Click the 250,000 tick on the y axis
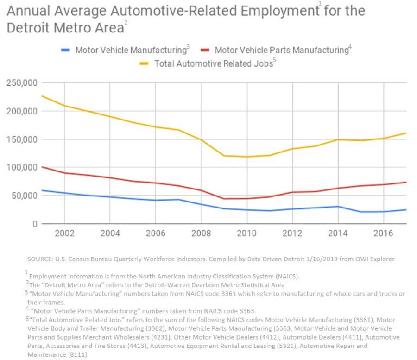pyautogui.click(x=22, y=83)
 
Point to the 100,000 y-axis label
pyautogui.click(x=22, y=167)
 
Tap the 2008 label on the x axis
pyautogui.click(x=201, y=233)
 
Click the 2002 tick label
pyautogui.click(x=64, y=233)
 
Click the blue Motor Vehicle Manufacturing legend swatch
pyautogui.click(x=66, y=50)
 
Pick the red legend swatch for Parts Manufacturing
pyautogui.click(x=205, y=50)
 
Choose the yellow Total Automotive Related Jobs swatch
pyautogui.click(x=145, y=63)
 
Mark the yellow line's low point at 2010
pyautogui.click(x=246, y=157)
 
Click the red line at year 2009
pyautogui.click(x=224, y=199)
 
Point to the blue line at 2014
pyautogui.click(x=338, y=207)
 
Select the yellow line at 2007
pyautogui.click(x=178, y=130)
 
